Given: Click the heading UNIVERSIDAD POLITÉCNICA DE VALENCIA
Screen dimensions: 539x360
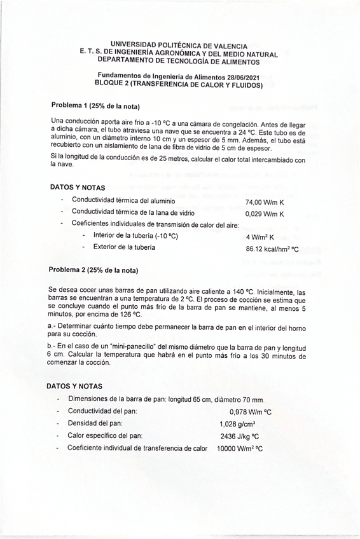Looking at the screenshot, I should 179,46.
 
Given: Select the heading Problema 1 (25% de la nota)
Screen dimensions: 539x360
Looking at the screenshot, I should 95,105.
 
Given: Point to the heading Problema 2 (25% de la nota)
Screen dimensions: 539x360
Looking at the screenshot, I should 93,269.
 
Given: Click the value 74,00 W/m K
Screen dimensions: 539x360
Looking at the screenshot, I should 265,201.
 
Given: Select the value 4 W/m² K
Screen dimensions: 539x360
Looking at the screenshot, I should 260,237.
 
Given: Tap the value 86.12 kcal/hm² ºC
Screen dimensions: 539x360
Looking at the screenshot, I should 272,249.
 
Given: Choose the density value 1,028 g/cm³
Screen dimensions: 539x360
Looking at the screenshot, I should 237,424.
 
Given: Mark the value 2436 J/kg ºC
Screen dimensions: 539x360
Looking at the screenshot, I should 239,437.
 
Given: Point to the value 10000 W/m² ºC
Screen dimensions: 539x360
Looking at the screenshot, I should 240,449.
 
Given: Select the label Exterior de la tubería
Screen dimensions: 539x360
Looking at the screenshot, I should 123,247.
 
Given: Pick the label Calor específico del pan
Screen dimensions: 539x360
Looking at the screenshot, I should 105,435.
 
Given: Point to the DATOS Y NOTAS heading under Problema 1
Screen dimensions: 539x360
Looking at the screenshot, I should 78,188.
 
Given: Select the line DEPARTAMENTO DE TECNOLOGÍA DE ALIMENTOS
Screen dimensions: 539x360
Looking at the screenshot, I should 179,62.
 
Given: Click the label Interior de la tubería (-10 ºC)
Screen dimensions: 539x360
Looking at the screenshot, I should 135,235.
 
